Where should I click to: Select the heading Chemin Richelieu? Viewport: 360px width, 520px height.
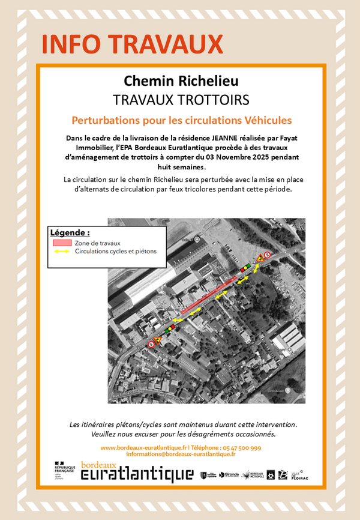[x=181, y=80]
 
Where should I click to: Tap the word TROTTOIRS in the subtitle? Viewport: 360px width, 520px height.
[x=214, y=99]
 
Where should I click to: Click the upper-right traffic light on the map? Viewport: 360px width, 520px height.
[x=244, y=267]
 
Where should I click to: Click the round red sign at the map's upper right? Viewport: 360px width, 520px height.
[x=268, y=255]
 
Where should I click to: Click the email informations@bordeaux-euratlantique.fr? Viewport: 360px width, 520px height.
[x=180, y=455]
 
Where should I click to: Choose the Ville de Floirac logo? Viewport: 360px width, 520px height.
[x=299, y=474]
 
